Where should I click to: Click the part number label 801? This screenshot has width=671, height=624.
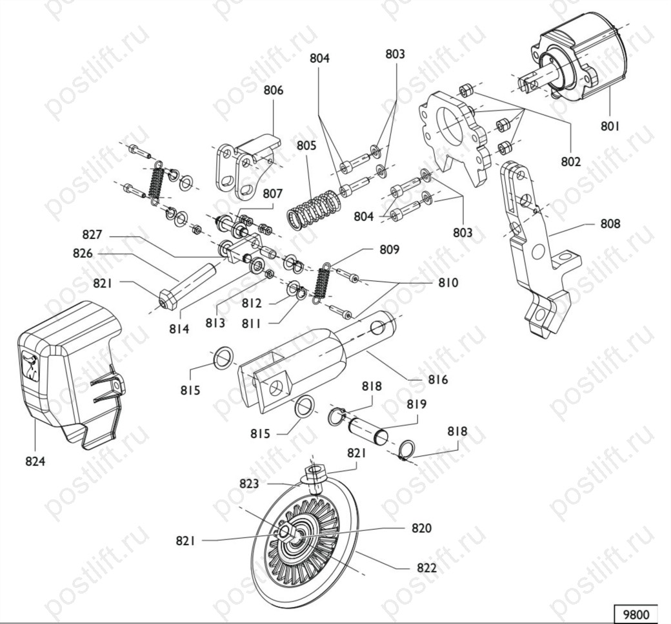(610, 126)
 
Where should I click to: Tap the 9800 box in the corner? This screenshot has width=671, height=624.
(635, 613)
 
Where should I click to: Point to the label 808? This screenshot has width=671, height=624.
(610, 224)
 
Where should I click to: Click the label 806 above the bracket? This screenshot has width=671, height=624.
(273, 90)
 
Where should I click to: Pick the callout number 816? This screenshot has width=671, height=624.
(437, 380)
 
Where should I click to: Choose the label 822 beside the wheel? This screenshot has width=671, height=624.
(426, 568)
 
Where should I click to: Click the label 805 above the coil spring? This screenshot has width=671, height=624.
(306, 146)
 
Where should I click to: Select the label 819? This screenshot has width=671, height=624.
(417, 404)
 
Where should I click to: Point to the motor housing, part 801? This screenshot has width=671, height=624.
(581, 61)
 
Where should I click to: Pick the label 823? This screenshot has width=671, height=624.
(250, 483)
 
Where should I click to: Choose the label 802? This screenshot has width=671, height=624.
(571, 161)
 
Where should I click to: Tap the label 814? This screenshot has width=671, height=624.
(180, 329)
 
